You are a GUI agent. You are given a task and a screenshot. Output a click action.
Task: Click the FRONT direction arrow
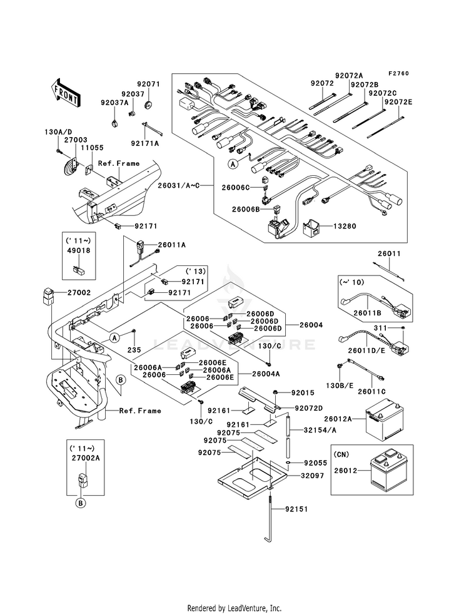[x=65, y=93]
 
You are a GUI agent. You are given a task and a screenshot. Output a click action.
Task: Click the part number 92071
[x=148, y=84]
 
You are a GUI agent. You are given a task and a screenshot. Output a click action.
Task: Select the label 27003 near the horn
[x=76, y=140]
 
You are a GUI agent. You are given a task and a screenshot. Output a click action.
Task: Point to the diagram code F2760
[x=398, y=73]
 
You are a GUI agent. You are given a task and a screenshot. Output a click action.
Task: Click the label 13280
[x=345, y=226]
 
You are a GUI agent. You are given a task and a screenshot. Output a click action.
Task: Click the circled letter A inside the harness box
[x=233, y=165]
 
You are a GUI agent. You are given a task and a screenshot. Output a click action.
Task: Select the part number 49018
[x=79, y=250]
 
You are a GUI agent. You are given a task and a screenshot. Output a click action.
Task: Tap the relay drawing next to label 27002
[x=46, y=295]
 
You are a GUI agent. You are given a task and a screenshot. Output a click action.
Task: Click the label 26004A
[x=266, y=374]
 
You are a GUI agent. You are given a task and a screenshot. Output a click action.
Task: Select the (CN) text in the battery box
[x=341, y=454]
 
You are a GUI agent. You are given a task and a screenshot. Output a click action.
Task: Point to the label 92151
[x=296, y=509]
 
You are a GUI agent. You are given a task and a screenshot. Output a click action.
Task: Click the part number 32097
[x=313, y=476]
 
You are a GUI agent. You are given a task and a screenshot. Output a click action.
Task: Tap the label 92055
[x=316, y=463]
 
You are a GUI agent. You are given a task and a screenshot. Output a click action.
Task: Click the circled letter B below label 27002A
[x=80, y=503]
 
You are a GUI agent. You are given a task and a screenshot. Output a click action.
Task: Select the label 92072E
[x=398, y=103]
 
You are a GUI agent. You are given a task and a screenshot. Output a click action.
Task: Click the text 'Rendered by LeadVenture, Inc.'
[x=234, y=608]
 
